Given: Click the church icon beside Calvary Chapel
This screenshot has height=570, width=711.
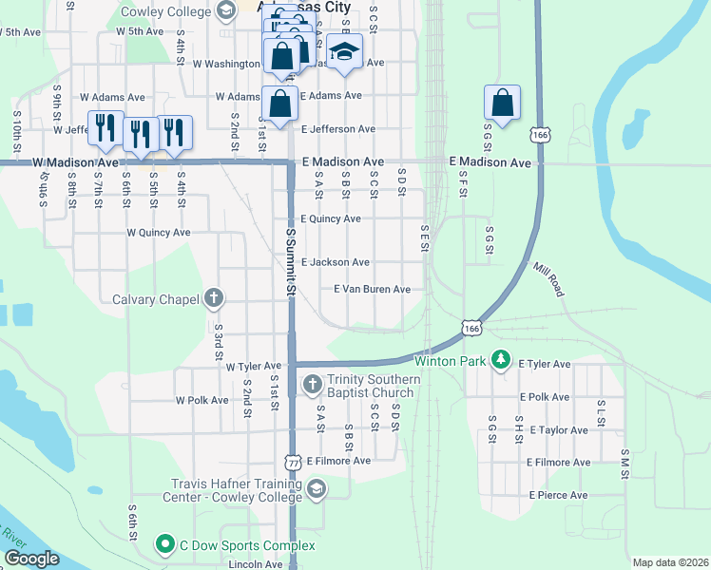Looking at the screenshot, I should (x=213, y=299).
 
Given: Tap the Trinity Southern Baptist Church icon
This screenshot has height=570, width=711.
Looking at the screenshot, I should (x=312, y=385).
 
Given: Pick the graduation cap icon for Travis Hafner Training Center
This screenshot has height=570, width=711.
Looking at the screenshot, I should (x=317, y=490).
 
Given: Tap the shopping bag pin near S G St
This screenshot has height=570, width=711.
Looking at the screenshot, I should (x=502, y=103).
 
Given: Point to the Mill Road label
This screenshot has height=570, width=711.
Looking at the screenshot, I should (x=548, y=280).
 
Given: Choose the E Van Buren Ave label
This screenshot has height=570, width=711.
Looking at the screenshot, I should (x=372, y=289).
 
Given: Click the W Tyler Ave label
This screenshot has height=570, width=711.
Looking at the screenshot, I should (x=253, y=366).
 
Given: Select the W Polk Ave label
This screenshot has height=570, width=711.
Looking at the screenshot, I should (x=202, y=400).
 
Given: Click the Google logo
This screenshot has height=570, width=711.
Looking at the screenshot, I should (x=31, y=559).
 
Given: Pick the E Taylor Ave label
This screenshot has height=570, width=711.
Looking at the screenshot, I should (x=561, y=429).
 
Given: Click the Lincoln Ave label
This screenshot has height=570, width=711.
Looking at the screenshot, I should (x=256, y=563).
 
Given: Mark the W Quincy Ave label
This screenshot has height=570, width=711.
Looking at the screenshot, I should (x=158, y=232).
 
